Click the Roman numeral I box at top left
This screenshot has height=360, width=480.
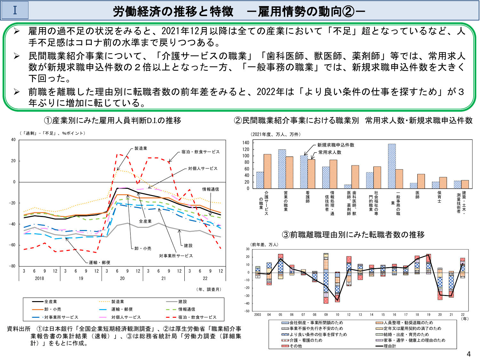[x=15, y=10]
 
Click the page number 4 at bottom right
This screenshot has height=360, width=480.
[x=469, y=354]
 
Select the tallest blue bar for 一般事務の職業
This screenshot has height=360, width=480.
[x=392, y=166]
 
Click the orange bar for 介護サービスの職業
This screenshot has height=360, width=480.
[x=267, y=171]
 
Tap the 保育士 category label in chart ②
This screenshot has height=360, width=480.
[x=439, y=197]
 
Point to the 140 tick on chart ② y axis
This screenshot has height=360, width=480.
[x=245, y=143]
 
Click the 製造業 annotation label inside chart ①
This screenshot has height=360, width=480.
[x=141, y=148]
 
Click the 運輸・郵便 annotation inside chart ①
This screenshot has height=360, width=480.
[x=100, y=263]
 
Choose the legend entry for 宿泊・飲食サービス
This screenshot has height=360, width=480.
[x=197, y=317]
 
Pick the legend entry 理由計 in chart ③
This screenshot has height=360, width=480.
[x=389, y=346]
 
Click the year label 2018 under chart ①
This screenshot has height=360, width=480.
[x=39, y=278]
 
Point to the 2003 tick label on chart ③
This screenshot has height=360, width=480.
[x=258, y=315]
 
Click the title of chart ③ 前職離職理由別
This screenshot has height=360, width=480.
[x=353, y=235]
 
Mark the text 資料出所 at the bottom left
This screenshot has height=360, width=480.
[x=19, y=329]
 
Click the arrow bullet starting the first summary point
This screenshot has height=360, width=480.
[x=17, y=31]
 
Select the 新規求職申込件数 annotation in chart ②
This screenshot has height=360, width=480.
[x=336, y=145]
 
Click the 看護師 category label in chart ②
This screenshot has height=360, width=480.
[x=308, y=197]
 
